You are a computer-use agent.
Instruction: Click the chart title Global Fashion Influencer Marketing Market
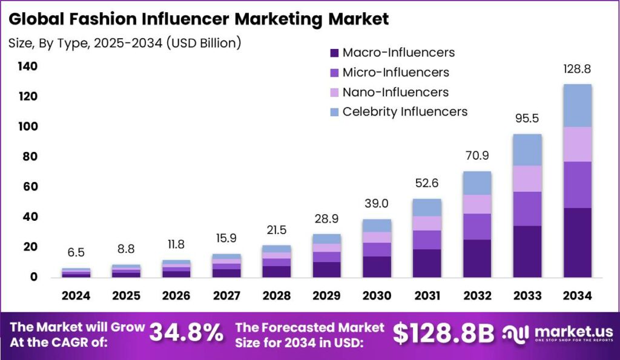199,19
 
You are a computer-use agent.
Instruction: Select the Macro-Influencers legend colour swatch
332,53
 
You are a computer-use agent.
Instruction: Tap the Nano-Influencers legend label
395,93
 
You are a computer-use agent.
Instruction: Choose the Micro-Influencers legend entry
395,73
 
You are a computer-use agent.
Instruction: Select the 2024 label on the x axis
76,296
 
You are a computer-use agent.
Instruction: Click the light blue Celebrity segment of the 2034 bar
577,105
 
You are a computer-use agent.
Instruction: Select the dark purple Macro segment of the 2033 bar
527,251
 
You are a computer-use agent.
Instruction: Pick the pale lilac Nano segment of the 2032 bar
478,204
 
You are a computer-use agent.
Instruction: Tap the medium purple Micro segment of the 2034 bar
577,185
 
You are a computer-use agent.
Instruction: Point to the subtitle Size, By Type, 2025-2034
125,43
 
